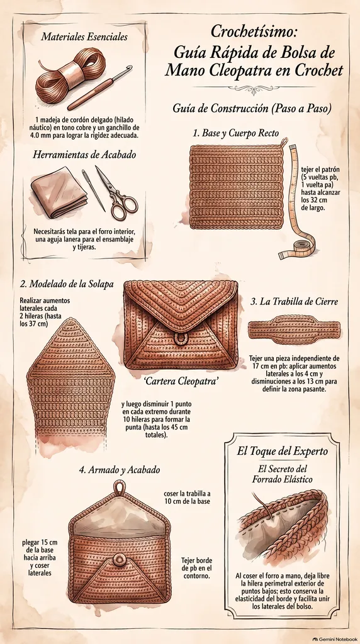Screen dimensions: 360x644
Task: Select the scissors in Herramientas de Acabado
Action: [116, 192]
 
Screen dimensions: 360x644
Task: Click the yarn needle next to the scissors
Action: [93, 190]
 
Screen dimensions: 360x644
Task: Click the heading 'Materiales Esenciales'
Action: [84, 37]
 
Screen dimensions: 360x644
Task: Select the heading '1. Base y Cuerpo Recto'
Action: [236, 133]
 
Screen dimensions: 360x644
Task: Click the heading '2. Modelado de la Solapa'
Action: [67, 284]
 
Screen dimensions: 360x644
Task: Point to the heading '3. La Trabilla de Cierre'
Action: [295, 301]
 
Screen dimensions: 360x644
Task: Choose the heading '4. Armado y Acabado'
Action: [120, 470]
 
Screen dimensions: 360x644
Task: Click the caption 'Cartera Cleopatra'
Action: [181, 381]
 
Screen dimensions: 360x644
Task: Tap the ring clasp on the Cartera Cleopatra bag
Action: [179, 339]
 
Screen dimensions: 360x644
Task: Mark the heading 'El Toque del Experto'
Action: [283, 451]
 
